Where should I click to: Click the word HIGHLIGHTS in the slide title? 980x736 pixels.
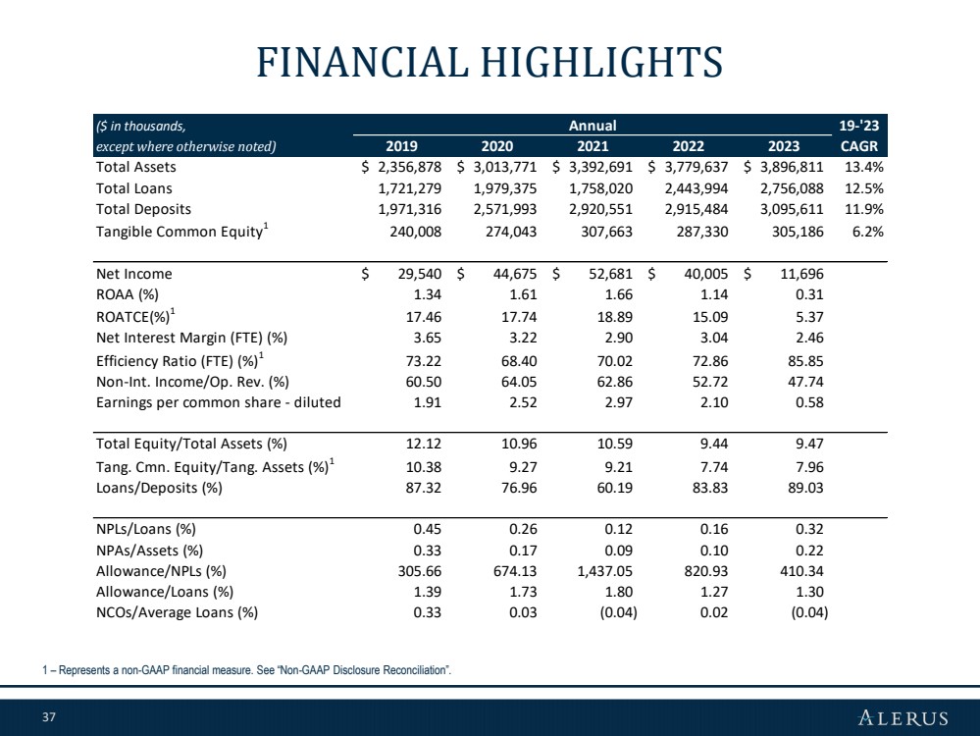[601, 63]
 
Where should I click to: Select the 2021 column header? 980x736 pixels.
[593, 146]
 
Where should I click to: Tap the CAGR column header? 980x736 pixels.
[859, 146]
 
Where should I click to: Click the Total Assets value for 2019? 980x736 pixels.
[402, 167]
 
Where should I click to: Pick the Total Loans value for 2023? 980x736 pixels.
[792, 188]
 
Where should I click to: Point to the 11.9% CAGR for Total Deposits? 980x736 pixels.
[864, 209]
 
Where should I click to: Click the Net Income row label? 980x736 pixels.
[133, 274]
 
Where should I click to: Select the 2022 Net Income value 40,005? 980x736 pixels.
[706, 274]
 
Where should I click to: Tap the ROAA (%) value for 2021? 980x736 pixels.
[619, 294]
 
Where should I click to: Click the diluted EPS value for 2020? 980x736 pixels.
[523, 402]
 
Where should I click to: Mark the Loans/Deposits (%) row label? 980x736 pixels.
[159, 488]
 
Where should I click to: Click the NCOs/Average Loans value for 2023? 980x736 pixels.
[809, 612]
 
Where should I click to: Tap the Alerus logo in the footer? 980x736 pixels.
[903, 717]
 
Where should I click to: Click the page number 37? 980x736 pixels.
[49, 716]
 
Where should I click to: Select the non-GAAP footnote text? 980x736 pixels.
[247, 670]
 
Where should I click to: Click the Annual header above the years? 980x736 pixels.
[593, 126]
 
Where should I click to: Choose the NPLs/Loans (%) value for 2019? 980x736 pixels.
[428, 529]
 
